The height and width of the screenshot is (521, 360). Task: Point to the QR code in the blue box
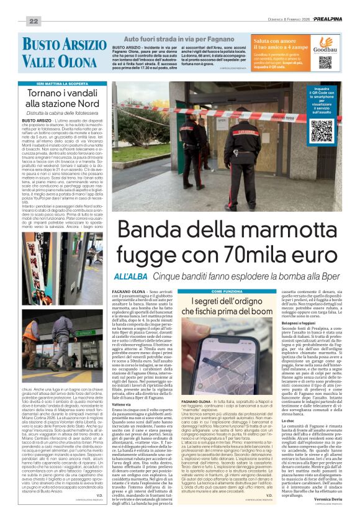[322, 130]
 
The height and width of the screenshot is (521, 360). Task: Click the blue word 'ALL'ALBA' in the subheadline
[130, 276]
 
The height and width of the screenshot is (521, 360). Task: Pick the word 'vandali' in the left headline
[84, 93]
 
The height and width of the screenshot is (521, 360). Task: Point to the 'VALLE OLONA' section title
[57, 61]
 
